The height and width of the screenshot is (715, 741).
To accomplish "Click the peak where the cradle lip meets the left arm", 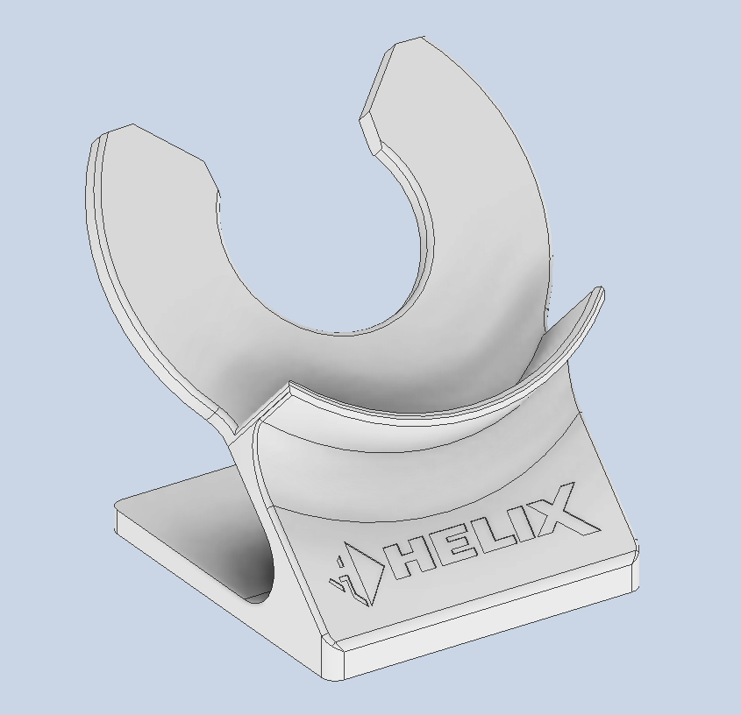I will [x=289, y=386].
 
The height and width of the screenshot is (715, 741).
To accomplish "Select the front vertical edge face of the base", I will [x=482, y=631].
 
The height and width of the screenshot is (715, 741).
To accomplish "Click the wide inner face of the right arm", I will [x=491, y=219].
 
